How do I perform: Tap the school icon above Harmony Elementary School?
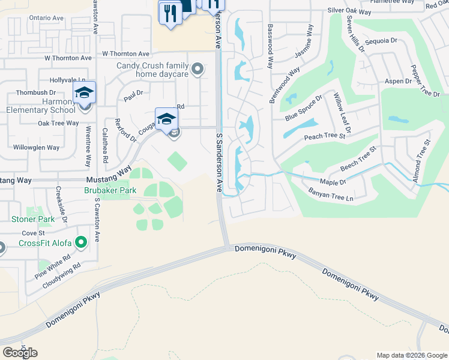85,93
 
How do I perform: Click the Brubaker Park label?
110,190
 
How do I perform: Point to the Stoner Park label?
33,219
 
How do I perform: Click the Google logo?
20,353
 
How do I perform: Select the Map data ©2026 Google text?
412,355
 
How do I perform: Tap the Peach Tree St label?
325,137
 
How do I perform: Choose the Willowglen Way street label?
37,147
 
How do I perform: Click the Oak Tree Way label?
58,123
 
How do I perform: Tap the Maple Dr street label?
334,182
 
